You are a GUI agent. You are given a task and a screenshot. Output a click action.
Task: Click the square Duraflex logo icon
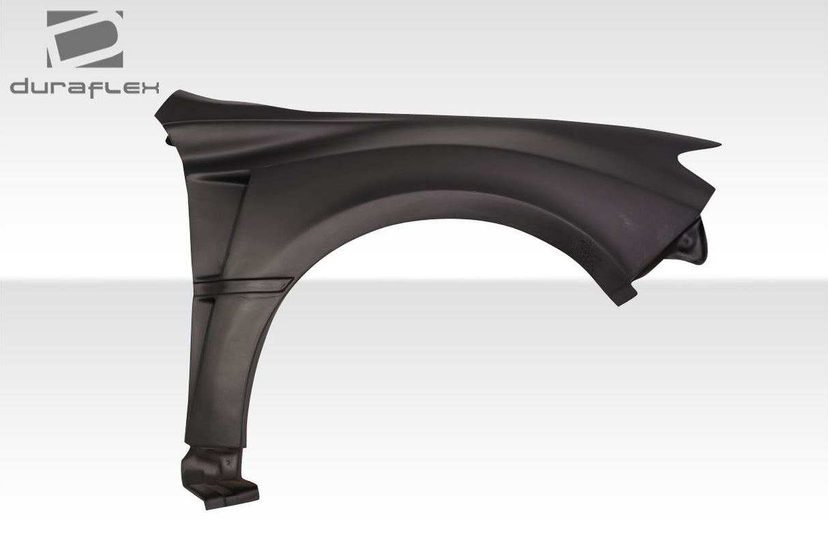tap(85, 39)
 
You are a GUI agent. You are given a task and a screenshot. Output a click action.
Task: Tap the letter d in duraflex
tap(21, 87)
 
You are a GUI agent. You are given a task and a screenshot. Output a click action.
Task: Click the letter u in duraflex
tap(41, 88)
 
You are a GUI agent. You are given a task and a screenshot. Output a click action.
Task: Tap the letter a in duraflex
tap(76, 88)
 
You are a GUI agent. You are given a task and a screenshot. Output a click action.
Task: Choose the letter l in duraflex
tap(113, 87)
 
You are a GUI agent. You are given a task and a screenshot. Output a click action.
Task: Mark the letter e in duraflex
tap(129, 88)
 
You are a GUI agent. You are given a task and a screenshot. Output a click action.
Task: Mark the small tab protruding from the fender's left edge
tap(167, 140)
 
